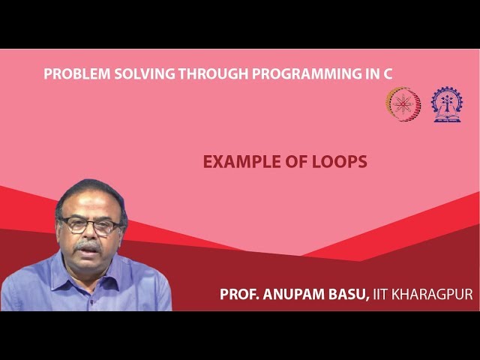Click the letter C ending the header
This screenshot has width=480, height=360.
pos(388,73)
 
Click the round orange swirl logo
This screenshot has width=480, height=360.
pos(403,104)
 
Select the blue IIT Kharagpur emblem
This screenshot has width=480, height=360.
pos(446,104)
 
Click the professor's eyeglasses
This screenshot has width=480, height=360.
pos(90,225)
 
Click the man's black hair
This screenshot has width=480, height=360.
pos(90,192)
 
